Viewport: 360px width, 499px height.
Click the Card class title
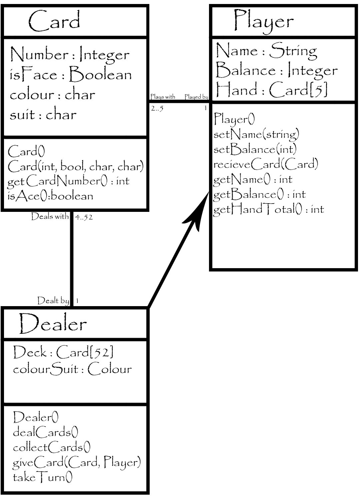[54, 21]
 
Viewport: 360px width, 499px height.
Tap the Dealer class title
[53, 324]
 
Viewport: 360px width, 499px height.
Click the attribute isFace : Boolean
[71, 75]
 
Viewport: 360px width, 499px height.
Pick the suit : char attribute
[43, 115]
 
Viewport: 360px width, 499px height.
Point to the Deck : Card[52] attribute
[63, 352]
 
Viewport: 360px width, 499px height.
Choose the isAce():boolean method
[50, 196]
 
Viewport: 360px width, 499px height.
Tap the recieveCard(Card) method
[266, 164]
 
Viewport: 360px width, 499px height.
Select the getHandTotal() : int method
[268, 210]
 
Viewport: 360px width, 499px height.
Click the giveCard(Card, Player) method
[77, 463]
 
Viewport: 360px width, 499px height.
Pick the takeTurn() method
[43, 478]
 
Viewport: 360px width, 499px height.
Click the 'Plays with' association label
[163, 97]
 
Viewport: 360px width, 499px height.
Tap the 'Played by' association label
[196, 97]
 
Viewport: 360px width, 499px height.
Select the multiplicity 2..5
[157, 108]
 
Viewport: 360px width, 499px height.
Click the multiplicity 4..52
[84, 217]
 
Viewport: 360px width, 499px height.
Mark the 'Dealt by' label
[53, 300]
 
